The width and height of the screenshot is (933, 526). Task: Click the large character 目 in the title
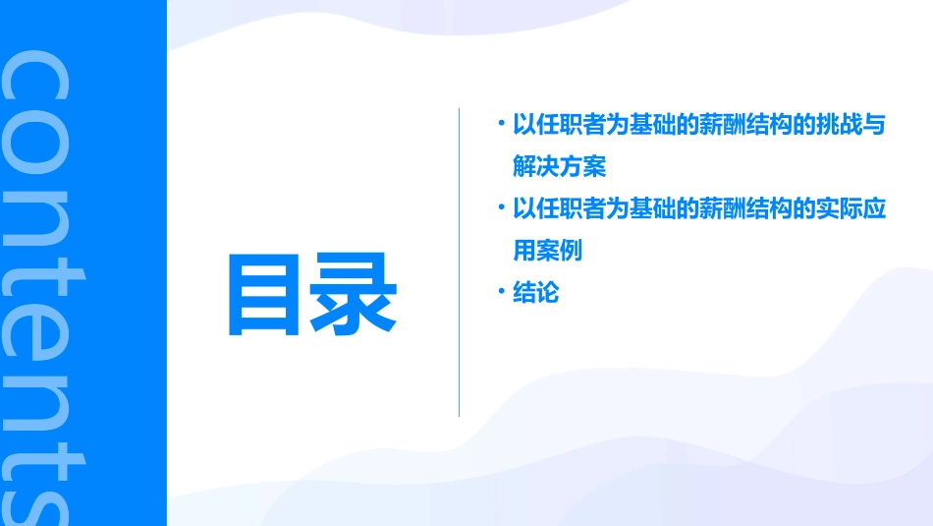[262, 295]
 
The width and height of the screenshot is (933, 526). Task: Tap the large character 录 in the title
[355, 295]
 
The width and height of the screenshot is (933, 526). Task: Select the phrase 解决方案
[559, 166]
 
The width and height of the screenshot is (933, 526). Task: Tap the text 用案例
[547, 251]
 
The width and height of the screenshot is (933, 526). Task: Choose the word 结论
[535, 293]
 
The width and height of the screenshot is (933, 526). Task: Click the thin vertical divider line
[459, 263]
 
